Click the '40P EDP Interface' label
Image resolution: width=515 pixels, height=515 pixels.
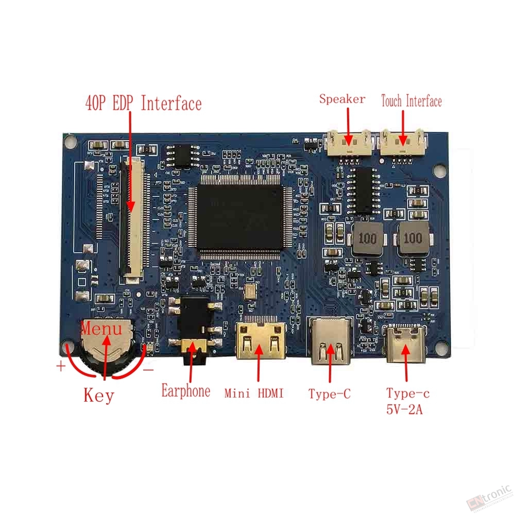(143, 103)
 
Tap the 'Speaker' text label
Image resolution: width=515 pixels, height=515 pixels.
(342, 99)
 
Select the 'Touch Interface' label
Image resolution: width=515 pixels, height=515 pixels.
(411, 101)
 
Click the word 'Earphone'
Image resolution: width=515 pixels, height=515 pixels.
(185, 391)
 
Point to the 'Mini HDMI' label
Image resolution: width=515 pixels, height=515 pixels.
(254, 393)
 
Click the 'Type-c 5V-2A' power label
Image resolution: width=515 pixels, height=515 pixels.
(407, 401)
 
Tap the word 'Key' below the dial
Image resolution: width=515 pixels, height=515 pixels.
(98, 395)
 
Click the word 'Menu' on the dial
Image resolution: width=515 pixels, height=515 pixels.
(101, 328)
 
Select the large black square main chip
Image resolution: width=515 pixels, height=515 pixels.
(239, 218)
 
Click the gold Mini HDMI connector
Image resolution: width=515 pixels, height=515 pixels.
(261, 340)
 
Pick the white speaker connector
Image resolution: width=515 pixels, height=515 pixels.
(349, 143)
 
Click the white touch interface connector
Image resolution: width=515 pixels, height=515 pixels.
(403, 142)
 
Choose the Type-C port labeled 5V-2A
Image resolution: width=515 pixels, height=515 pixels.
(406, 343)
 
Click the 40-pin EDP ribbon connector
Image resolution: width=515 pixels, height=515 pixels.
(132, 219)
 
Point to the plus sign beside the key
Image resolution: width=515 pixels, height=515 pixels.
(61, 366)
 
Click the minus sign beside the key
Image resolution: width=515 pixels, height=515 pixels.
(148, 370)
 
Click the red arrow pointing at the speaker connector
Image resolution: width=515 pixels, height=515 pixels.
(349, 126)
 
